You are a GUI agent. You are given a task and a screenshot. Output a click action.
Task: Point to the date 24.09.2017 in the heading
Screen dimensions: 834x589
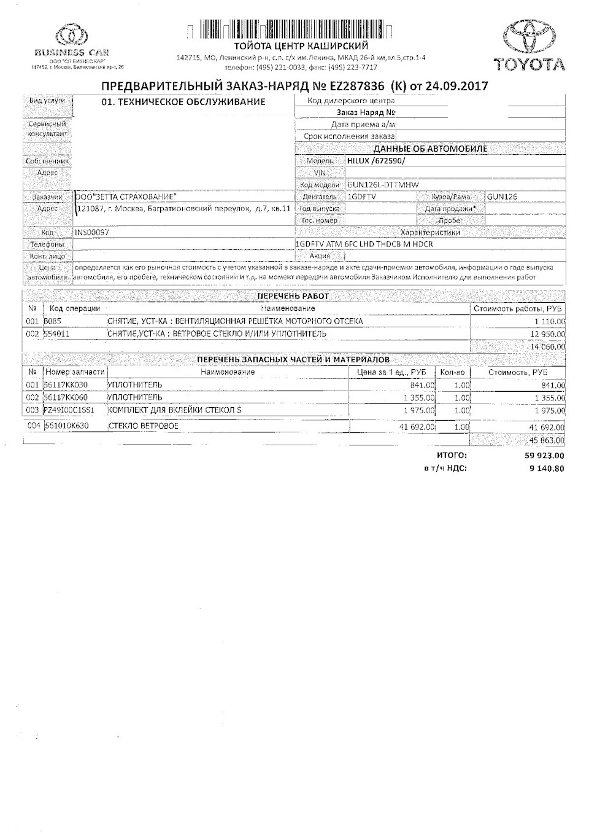453,86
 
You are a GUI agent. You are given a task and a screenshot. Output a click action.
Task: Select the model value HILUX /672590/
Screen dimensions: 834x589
376,160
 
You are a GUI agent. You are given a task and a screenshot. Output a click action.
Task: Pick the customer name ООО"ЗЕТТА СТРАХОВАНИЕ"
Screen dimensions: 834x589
126,197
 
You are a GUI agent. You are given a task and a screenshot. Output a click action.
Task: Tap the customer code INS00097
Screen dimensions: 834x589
93,233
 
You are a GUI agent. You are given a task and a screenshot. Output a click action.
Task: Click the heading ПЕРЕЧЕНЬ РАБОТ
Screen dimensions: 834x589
293,296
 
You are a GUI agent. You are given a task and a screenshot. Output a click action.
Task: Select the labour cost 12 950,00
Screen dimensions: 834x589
549,334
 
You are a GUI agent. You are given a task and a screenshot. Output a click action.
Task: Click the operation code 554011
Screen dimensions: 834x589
56,334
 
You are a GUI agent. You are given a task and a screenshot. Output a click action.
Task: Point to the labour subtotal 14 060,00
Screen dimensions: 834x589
549,347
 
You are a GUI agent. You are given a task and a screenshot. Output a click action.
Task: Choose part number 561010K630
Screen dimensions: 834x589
66,426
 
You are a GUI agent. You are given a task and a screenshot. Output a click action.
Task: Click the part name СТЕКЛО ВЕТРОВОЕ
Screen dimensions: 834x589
143,426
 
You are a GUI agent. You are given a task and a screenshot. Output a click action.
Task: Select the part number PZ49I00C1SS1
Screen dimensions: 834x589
69,410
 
